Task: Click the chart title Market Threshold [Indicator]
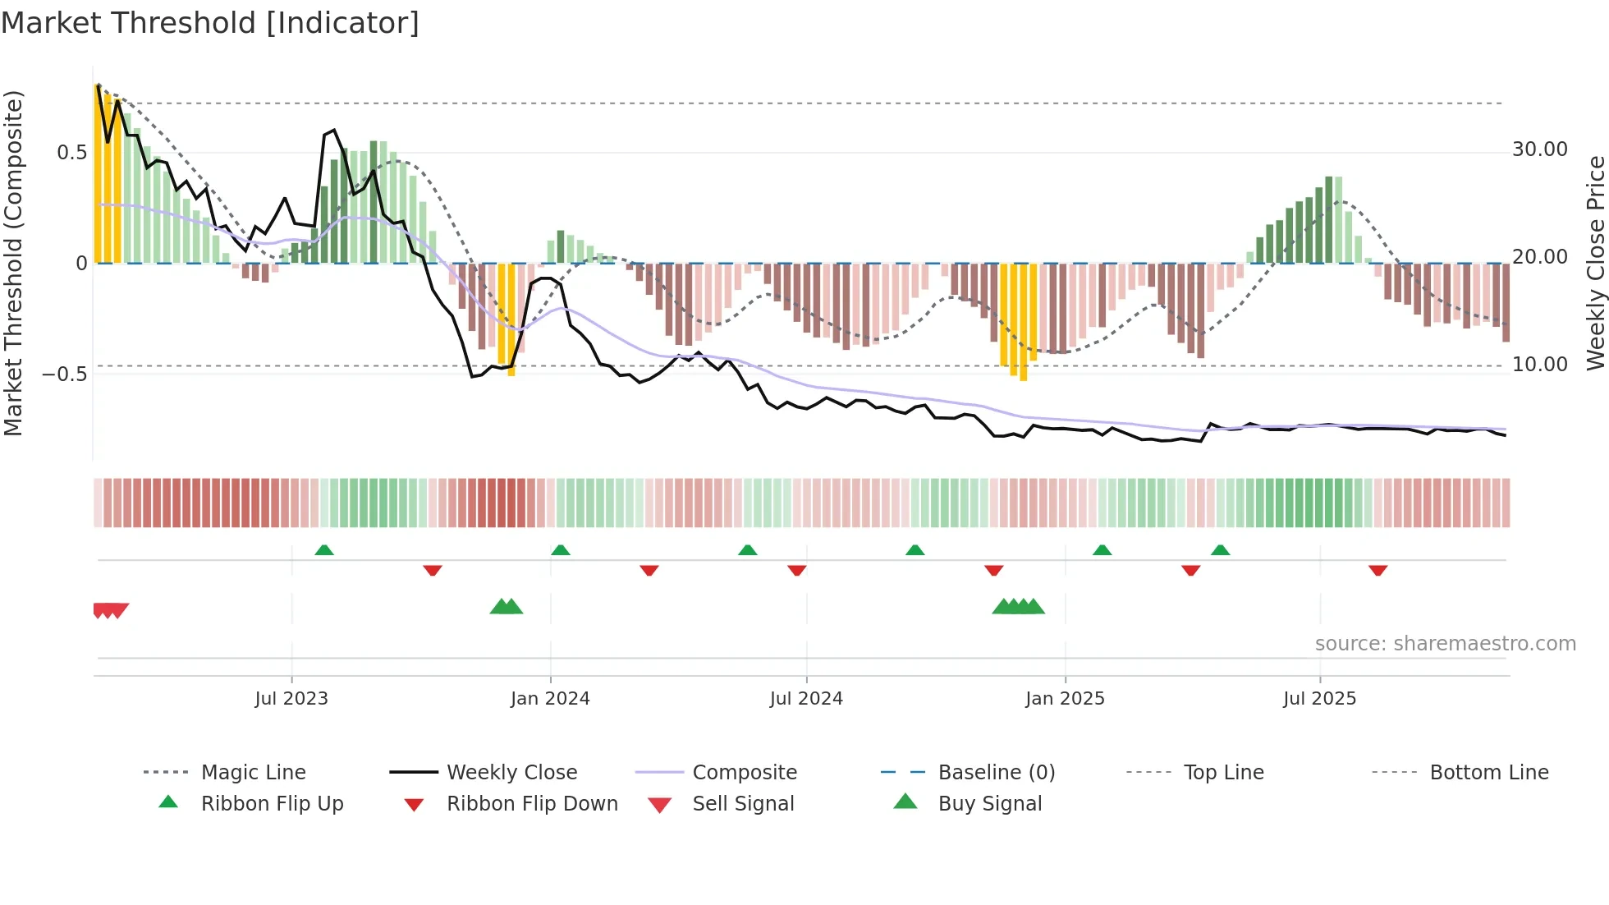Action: pos(210,23)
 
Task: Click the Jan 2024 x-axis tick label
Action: pos(550,699)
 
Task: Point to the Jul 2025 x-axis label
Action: pos(1319,699)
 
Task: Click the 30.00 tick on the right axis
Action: pos(1539,149)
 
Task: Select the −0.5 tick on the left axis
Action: pos(64,374)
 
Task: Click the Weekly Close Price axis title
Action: pos(1595,263)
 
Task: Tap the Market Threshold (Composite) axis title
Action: pos(13,263)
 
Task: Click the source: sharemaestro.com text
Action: pos(1445,644)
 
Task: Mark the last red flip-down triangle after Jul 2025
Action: pos(1378,570)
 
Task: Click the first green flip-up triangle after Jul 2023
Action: pos(324,550)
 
